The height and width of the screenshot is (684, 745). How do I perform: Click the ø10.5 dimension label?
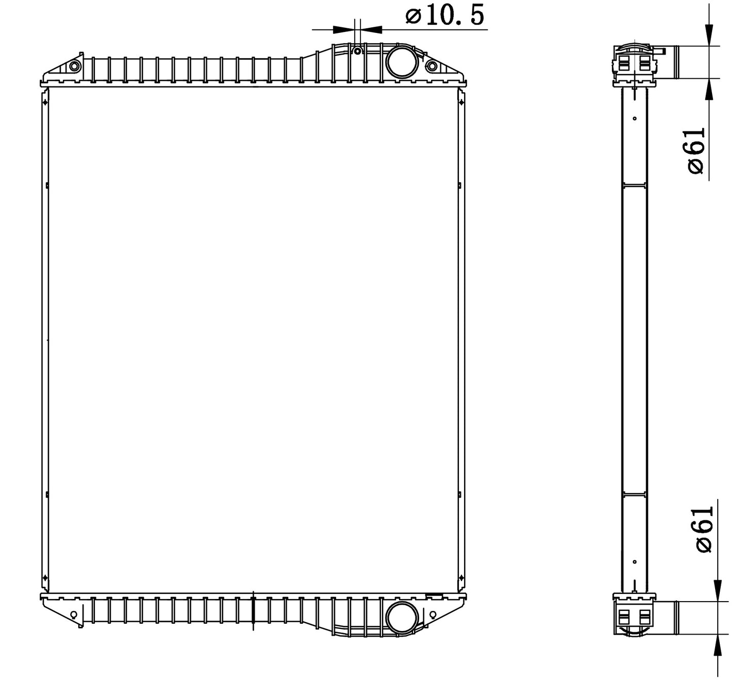coord(445,15)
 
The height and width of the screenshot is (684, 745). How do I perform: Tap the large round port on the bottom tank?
coord(402,617)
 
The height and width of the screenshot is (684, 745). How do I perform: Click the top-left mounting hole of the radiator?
coord(74,66)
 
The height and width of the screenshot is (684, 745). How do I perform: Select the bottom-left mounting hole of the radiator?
coord(73,614)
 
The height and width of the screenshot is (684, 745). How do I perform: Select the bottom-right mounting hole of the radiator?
coord(433,614)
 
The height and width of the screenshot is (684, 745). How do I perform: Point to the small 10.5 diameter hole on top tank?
coord(357,50)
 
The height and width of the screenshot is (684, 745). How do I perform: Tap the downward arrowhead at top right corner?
coord(709,35)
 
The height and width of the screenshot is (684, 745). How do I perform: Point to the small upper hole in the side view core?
coord(635,118)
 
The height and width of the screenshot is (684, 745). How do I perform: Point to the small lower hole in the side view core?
coord(635,561)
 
